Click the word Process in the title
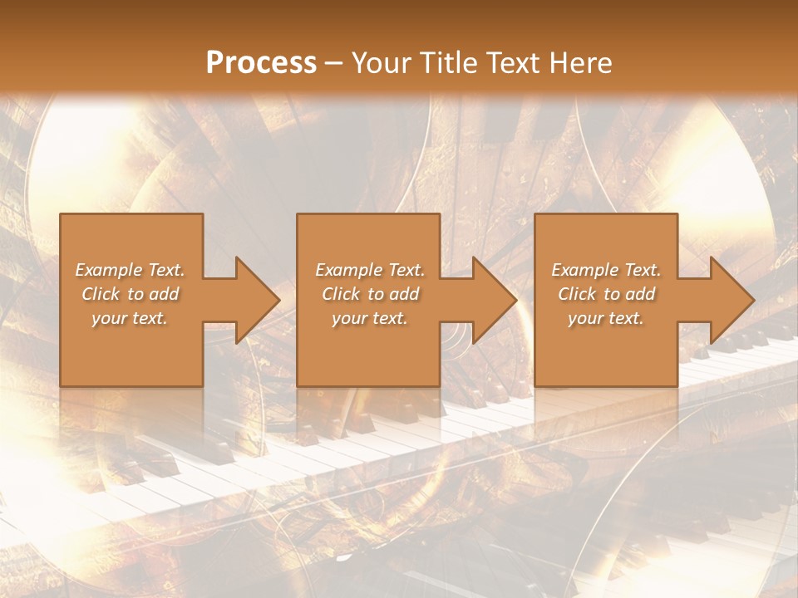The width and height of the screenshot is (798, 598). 261,63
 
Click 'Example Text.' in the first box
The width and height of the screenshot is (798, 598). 130,270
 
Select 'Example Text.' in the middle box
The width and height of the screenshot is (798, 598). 370,270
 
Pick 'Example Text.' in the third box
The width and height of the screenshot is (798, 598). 606,270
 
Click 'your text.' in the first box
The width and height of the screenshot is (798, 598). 130,318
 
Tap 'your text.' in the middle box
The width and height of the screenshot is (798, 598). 370,318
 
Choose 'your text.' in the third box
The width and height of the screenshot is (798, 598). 606,318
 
